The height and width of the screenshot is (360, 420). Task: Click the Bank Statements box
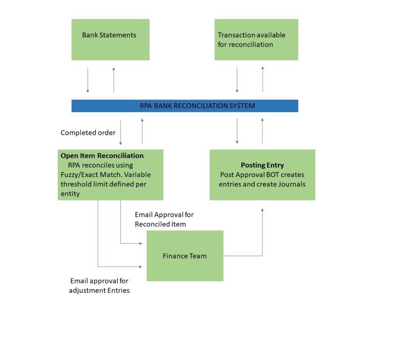110,39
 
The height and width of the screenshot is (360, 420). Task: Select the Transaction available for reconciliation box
256,39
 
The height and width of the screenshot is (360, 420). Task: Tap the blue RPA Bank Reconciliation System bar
185,106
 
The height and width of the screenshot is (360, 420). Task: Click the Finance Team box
185,256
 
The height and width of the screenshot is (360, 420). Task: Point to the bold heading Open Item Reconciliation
102,156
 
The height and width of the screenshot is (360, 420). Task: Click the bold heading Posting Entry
262,165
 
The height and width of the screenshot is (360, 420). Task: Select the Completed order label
88,133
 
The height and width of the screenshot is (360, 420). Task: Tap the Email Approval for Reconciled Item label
164,219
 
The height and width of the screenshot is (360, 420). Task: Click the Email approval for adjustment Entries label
99,286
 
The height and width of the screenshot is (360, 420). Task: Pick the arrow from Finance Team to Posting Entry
262,238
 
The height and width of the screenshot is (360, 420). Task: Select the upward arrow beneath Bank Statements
114,80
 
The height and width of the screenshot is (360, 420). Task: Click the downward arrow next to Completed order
121,132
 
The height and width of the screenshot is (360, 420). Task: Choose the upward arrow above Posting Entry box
262,131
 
